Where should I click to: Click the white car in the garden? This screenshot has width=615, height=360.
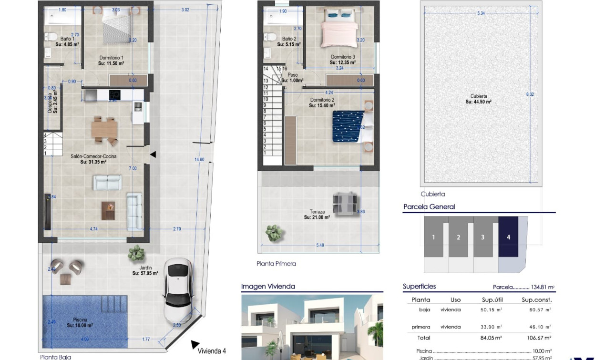click(178, 291)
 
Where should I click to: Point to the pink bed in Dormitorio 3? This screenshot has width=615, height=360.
click(338, 34)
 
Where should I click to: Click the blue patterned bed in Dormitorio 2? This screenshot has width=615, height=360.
click(348, 126)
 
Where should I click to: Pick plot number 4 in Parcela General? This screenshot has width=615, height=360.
click(508, 237)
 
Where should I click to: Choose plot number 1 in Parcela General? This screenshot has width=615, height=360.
click(433, 237)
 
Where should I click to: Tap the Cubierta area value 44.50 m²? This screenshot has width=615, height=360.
click(478, 102)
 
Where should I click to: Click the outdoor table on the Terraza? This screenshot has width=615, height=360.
click(345, 203)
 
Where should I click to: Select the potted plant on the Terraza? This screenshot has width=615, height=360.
click(274, 233)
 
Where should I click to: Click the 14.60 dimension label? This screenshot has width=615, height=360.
click(199, 159)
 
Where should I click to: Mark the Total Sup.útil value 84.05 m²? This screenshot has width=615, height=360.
click(492, 338)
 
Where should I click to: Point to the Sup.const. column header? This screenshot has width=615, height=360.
click(536, 300)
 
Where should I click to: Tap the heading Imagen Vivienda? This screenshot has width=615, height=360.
click(268, 287)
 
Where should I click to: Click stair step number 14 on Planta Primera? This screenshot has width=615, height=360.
click(266, 69)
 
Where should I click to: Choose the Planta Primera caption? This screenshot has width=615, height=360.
click(276, 264)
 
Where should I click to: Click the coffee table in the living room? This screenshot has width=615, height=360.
click(108, 210)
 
